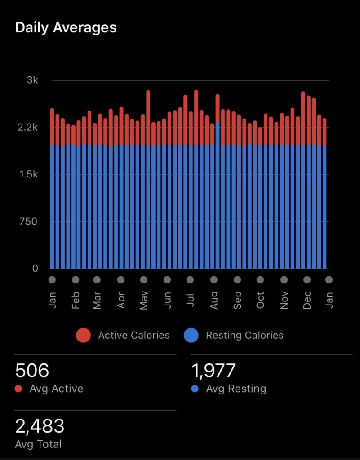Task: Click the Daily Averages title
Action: coord(66,27)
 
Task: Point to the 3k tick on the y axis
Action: coord(33,80)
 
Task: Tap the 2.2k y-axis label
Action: coord(29,128)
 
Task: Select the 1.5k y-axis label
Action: coord(29,174)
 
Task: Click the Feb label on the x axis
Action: coord(76,300)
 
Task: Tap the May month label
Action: coord(144,300)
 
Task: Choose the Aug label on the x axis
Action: coord(214,300)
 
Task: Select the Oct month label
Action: coord(261,300)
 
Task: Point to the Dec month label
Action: coord(307,300)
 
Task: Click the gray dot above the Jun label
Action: coord(167,280)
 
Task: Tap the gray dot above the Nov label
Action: coord(284,280)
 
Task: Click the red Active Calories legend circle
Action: coord(83,335)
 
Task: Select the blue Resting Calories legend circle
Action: coord(191,335)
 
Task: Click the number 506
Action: coord(32,371)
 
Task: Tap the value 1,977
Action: coord(213,371)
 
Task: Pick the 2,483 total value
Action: coord(40,426)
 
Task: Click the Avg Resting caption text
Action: coord(236,389)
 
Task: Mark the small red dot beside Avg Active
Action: coord(18,389)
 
